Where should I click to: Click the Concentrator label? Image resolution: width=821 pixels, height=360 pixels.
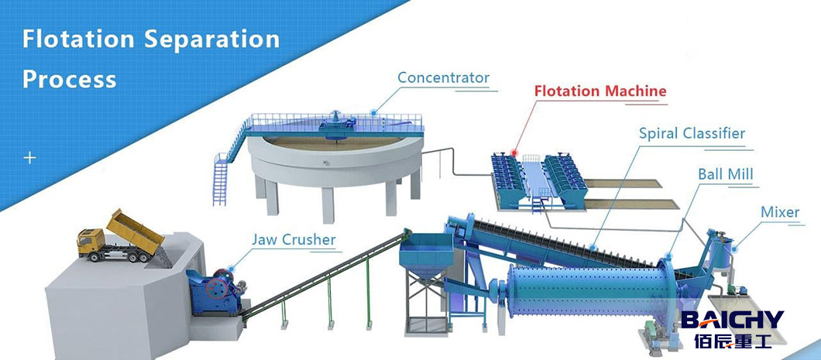443,77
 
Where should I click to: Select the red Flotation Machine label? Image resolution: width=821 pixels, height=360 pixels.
599,91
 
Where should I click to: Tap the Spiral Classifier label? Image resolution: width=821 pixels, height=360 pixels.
692,133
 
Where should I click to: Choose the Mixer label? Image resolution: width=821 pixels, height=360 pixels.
780,211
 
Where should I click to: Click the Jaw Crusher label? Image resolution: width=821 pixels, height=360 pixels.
294,238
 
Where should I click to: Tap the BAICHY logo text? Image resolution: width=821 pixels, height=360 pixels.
732,320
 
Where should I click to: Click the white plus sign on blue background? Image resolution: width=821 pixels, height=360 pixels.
30,158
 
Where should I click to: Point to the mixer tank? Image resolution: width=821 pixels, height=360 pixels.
721,252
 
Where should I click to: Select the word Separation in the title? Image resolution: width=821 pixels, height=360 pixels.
213,39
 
